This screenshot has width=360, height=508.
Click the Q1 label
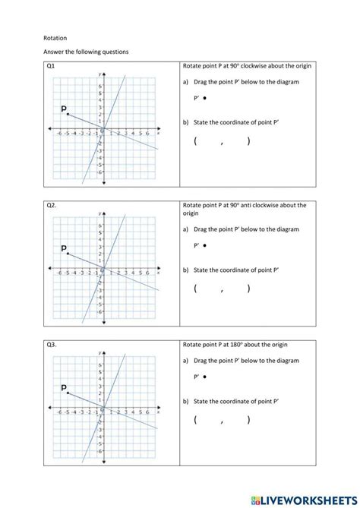point(51,66)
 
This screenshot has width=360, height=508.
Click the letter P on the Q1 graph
point(64,109)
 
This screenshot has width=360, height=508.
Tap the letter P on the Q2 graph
point(64,248)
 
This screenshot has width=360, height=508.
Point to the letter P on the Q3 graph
point(64,387)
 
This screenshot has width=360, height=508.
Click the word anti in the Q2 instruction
point(248,205)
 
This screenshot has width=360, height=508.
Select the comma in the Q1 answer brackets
point(223,142)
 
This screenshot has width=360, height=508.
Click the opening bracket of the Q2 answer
point(195,289)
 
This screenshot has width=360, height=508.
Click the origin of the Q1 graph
point(103,128)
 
